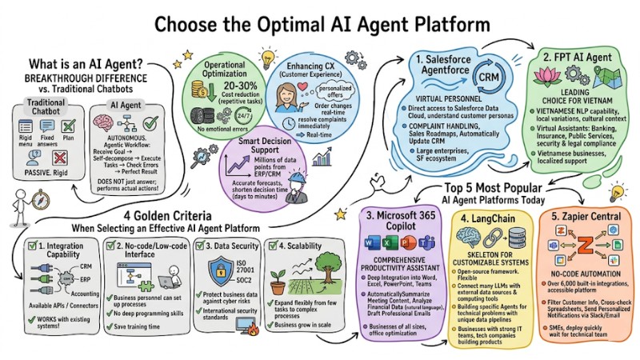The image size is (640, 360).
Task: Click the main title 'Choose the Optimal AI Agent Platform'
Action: [320, 22]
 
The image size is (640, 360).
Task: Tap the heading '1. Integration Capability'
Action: [61, 246]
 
